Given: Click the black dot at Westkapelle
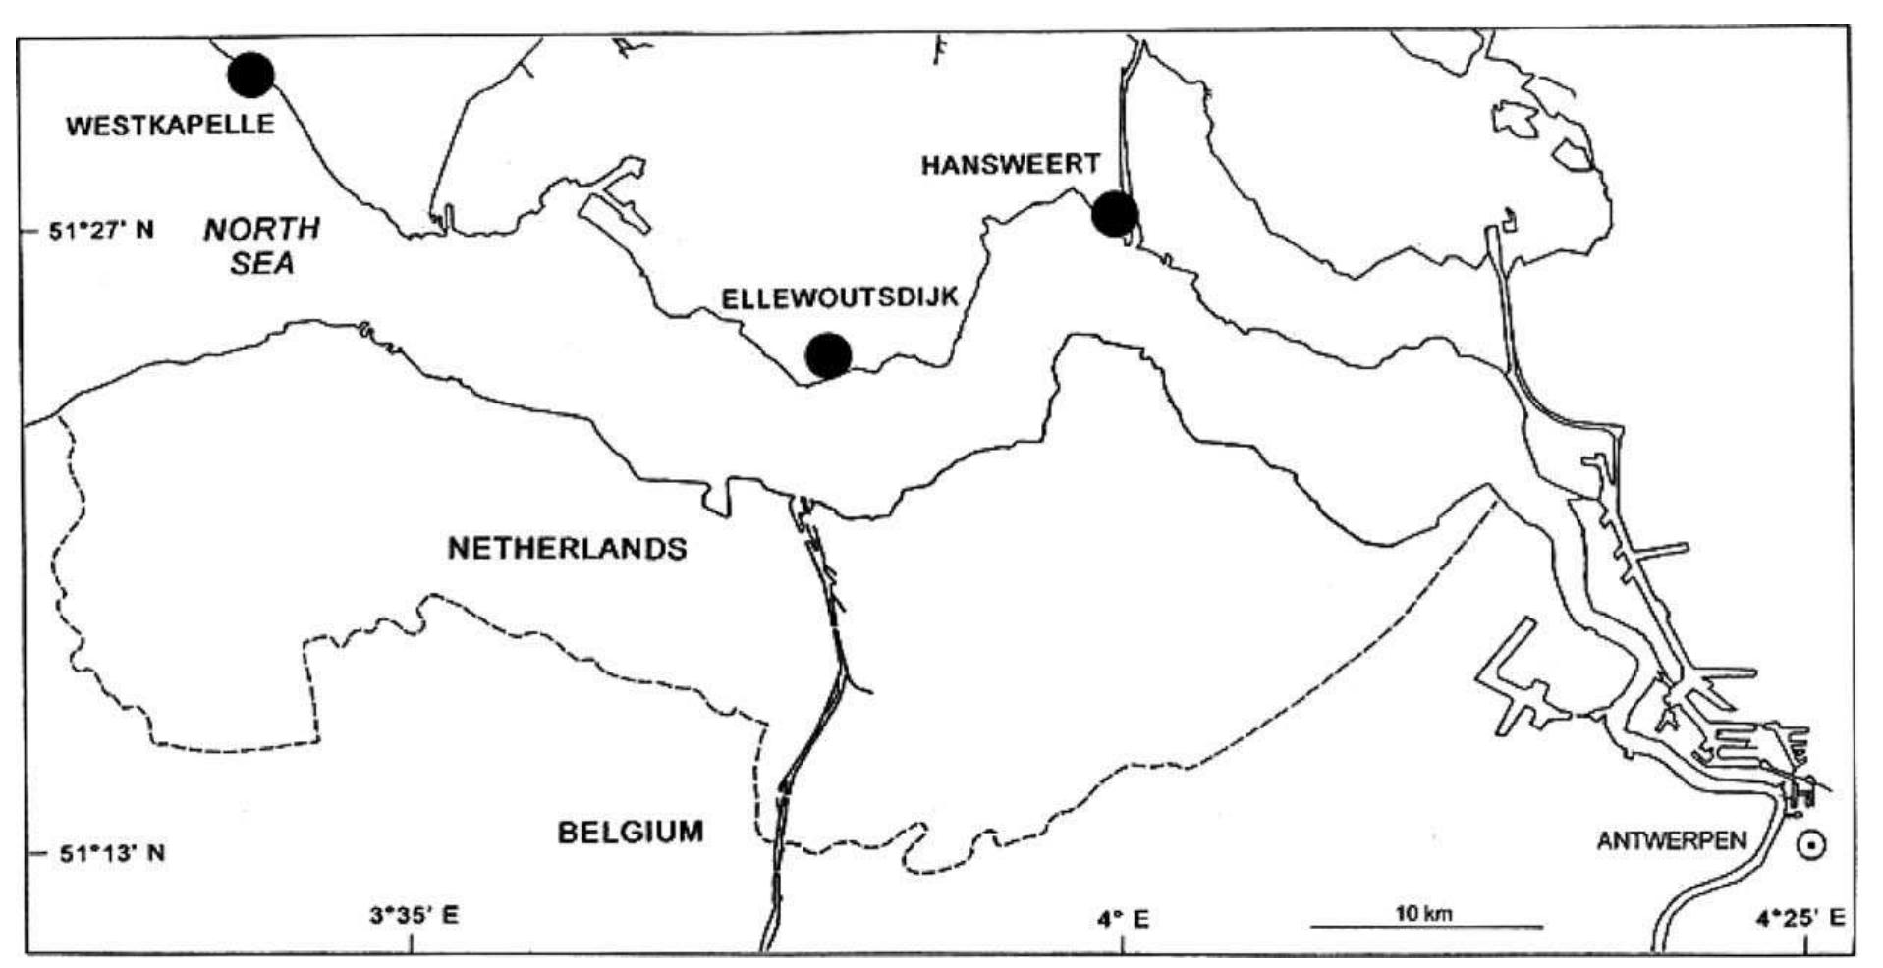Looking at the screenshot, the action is click(250, 75).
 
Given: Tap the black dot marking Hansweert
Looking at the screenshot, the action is click(1115, 213).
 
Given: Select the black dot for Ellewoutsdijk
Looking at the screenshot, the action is click(828, 354).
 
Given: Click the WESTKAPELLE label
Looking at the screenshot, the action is click(170, 125).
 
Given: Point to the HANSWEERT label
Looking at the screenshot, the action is click(1010, 165).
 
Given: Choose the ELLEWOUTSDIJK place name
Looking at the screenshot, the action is click(840, 298).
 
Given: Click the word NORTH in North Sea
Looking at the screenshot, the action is click(261, 229).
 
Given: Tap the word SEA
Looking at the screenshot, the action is click(262, 263).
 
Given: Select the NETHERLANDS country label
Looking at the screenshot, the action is click(567, 548).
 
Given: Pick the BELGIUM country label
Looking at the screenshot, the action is click(631, 832).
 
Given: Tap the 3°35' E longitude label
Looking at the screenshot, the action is click(413, 916).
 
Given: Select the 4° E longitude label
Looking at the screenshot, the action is click(1124, 918).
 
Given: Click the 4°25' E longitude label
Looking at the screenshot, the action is click(1800, 918).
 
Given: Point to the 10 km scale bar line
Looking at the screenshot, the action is click(1426, 926).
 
